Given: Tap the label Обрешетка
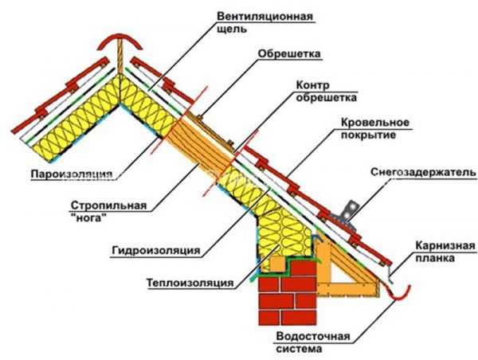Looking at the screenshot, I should coord(288,55).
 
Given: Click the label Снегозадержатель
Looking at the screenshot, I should coord(422,171).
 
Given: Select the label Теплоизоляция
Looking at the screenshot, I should coord(189,283).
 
